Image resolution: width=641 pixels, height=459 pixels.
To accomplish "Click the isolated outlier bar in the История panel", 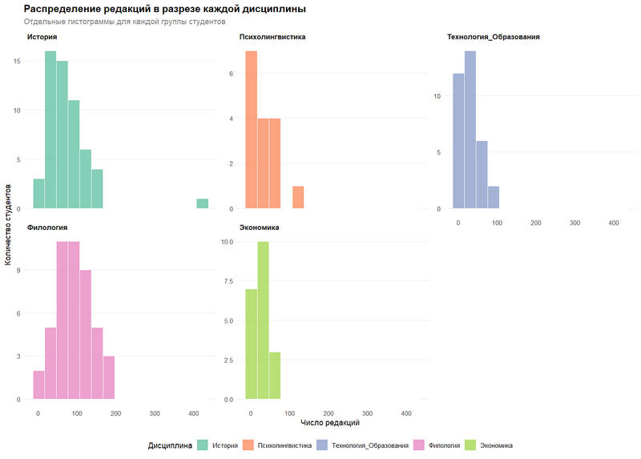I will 203,203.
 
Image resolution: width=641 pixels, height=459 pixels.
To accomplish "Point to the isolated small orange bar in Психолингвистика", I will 298,197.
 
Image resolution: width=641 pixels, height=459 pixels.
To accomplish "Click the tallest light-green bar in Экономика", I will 263,320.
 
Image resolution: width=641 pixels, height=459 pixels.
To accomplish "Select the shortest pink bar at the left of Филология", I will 38,385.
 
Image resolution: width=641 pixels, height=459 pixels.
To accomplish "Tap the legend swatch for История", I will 203,445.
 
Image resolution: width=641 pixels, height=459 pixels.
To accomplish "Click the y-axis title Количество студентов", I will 8,223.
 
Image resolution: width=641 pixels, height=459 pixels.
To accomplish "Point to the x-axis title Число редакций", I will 329,421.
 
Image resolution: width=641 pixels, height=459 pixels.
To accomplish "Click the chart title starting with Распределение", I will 164,9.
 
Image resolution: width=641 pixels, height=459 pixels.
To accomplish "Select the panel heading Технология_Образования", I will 493,37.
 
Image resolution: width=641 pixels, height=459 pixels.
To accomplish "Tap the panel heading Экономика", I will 259,227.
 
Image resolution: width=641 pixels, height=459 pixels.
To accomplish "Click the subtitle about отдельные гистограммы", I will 124,22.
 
